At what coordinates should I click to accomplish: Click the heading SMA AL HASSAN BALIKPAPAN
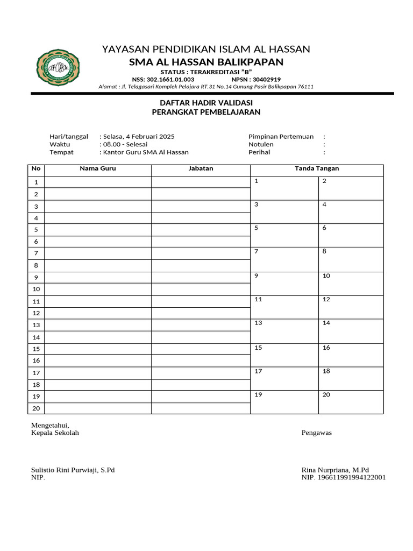[x=206, y=62]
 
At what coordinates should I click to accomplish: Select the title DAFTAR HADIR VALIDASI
[x=206, y=102]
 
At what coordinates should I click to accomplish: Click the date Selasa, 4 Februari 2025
[x=138, y=137]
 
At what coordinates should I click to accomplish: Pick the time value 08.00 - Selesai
[x=125, y=144]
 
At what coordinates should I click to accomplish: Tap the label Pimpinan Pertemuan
[x=281, y=137]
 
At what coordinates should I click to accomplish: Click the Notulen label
[x=261, y=144]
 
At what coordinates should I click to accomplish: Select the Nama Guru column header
[x=98, y=168]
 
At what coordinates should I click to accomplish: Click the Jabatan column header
[x=201, y=168]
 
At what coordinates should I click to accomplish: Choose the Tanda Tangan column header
[x=317, y=168]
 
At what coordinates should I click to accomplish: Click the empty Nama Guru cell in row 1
[x=98, y=182]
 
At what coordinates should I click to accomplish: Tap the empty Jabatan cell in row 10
[x=201, y=289]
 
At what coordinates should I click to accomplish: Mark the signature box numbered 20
[x=351, y=402]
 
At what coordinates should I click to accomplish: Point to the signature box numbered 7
[x=284, y=259]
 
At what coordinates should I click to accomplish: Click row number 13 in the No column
[x=36, y=325]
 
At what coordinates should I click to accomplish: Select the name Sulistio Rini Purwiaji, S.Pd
[x=73, y=470]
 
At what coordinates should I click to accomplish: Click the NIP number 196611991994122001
[x=352, y=477]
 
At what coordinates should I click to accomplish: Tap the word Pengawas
[x=317, y=433]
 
